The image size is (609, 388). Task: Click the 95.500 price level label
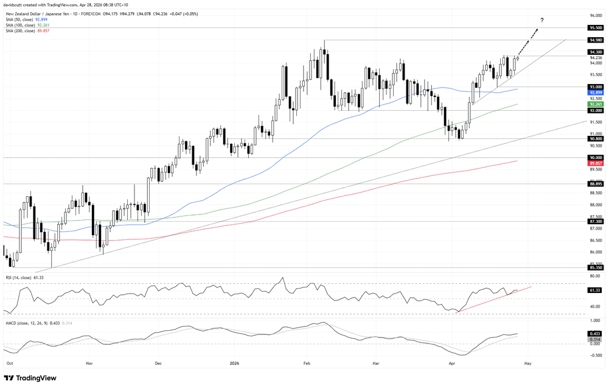point(596,28)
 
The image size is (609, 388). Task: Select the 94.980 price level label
point(596,40)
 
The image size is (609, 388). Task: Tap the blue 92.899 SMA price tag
point(596,93)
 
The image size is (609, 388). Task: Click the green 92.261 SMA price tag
point(596,104)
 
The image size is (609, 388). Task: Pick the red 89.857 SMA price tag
point(596,163)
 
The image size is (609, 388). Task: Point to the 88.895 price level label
point(596,184)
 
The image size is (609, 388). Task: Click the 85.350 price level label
point(596,267)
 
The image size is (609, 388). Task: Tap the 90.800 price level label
point(596,139)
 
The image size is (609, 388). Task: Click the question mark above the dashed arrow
point(542,20)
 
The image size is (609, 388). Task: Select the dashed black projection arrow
point(528,42)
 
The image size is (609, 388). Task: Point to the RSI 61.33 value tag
point(595,291)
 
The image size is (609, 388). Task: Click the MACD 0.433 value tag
point(595,334)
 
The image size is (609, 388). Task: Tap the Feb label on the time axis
point(307,364)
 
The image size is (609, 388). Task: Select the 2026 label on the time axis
point(234,364)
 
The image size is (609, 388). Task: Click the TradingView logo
point(30,378)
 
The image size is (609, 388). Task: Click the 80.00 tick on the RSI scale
point(594,276)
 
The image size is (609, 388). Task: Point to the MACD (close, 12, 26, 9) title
point(26,323)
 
